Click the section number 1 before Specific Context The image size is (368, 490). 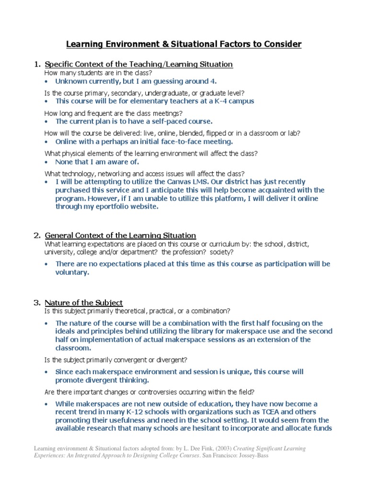[36, 64]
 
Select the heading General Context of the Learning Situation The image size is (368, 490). [120, 235]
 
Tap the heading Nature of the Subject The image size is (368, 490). [84, 302]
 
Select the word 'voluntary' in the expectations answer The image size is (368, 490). [71, 272]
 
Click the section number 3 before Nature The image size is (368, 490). [36, 302]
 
